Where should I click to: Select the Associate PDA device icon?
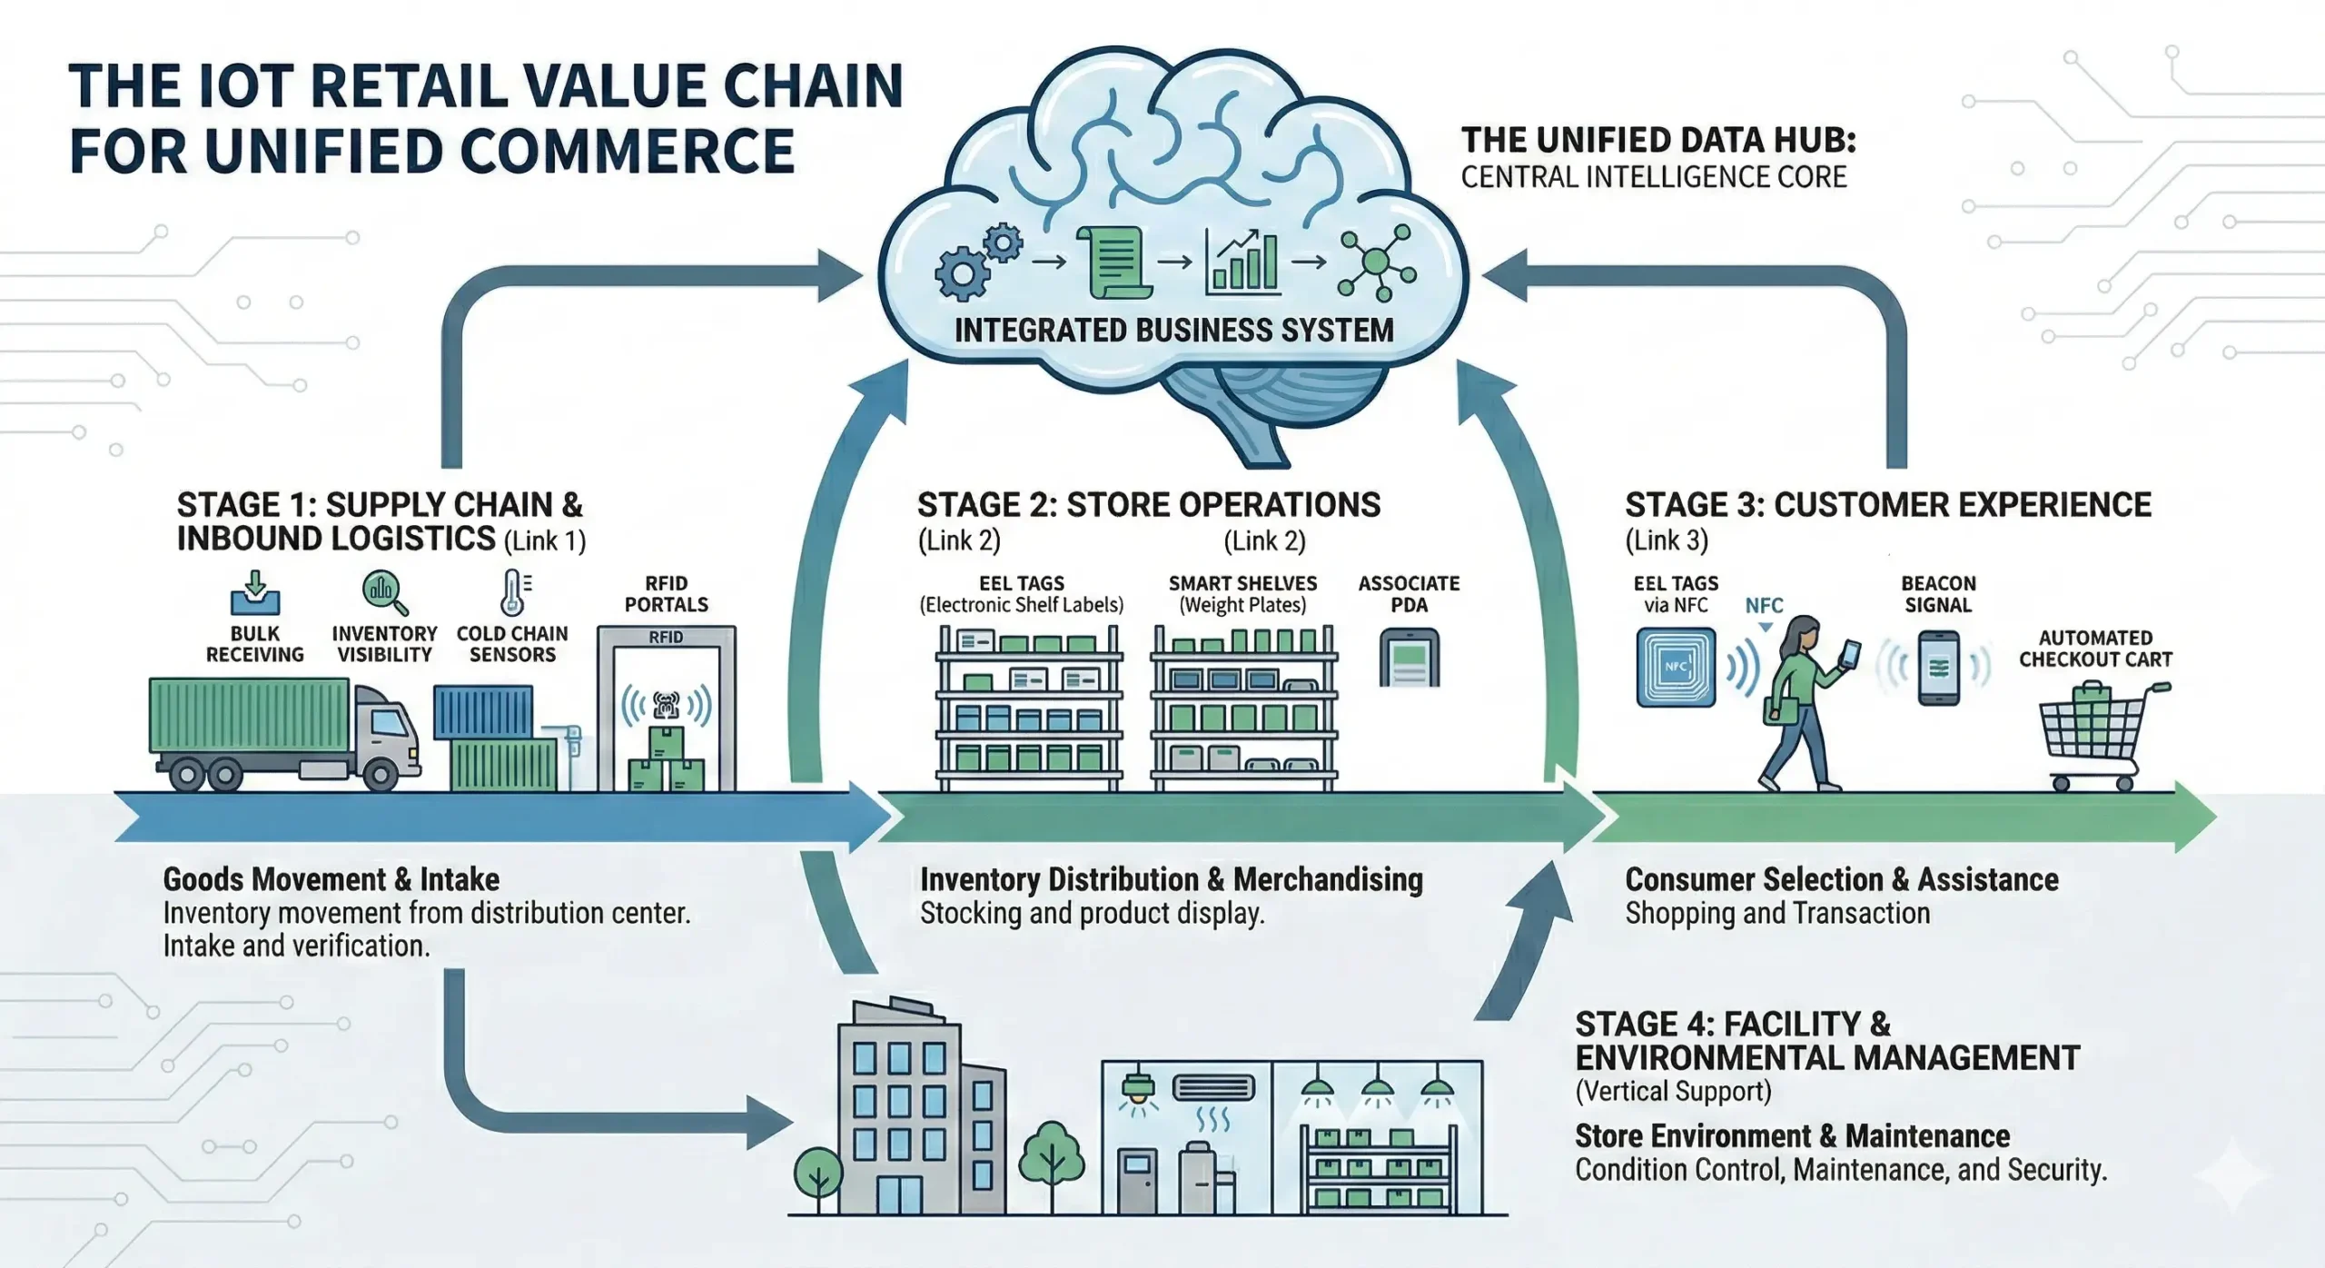point(1409,659)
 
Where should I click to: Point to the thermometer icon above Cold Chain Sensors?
point(514,593)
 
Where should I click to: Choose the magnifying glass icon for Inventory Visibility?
point(385,593)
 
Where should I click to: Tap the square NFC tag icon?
point(1676,668)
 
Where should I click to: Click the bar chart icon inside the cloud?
point(1242,263)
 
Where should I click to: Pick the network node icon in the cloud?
point(1377,263)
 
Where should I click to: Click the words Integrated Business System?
point(1173,331)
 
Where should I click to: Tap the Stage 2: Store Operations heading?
point(1148,505)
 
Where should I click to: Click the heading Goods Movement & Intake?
point(331,879)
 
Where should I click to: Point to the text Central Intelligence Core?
point(1653,177)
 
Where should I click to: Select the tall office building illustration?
point(899,1113)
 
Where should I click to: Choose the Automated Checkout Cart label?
point(2095,649)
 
